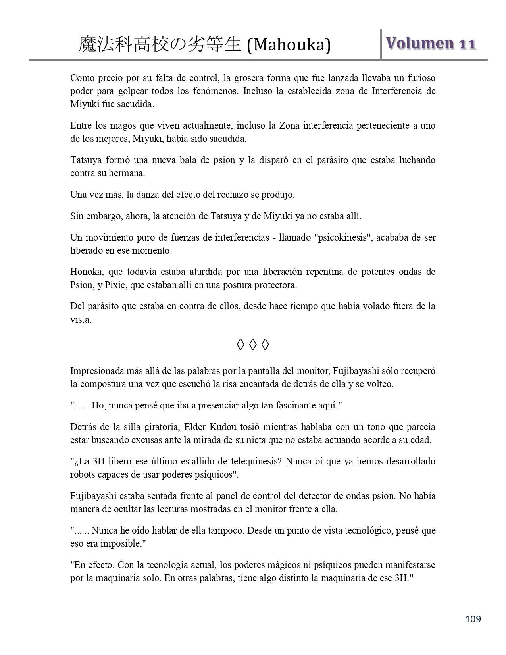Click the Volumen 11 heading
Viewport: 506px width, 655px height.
[431, 43]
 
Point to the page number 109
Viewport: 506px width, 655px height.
[473, 619]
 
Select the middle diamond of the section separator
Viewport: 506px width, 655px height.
[253, 345]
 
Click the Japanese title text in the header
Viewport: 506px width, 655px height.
[160, 45]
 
